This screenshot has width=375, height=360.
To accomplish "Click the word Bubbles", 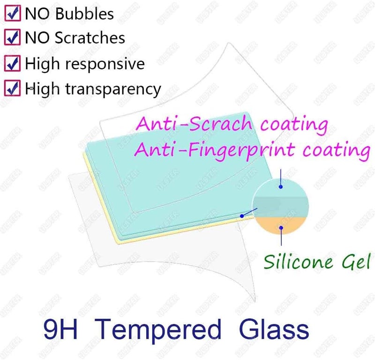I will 84,14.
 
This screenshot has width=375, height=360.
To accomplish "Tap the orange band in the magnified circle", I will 281,224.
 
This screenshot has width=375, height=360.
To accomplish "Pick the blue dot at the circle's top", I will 280,187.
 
